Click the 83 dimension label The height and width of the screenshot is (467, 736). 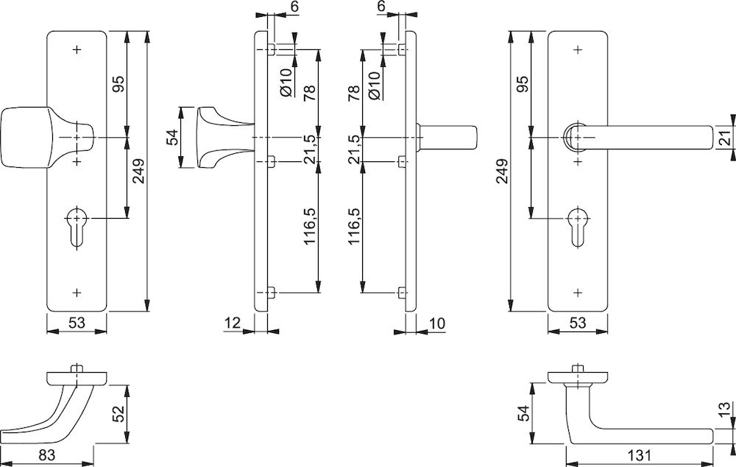click(x=47, y=454)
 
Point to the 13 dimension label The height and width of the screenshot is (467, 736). click(x=726, y=410)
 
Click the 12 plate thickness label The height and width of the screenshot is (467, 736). click(x=233, y=323)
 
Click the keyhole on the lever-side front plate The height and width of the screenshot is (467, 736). click(x=577, y=227)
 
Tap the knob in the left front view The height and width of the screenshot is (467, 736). click(x=47, y=138)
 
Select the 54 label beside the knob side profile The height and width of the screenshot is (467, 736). click(x=174, y=137)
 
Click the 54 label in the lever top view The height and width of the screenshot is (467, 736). click(x=524, y=413)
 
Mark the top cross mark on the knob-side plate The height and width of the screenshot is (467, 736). click(x=77, y=49)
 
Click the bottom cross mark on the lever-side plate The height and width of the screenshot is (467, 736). click(x=578, y=292)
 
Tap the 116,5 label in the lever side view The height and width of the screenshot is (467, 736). click(x=354, y=226)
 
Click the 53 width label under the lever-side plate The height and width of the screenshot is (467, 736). click(x=577, y=323)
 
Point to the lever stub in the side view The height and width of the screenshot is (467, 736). click(x=446, y=138)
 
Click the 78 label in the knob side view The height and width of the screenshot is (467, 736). click(x=309, y=93)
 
